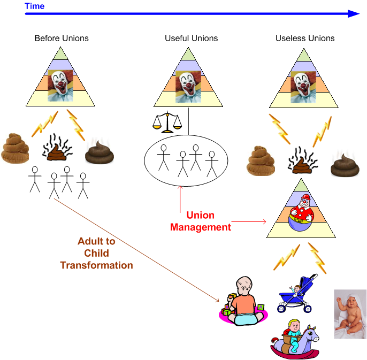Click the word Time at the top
coord(35,6)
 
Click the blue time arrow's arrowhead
coord(353,14)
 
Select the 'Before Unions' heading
coord(62,39)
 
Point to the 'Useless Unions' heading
coord(305,39)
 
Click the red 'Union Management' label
coord(201,221)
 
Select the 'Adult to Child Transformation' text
coord(96,253)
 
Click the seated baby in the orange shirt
coord(243,302)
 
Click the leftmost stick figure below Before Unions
coord(35,179)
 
